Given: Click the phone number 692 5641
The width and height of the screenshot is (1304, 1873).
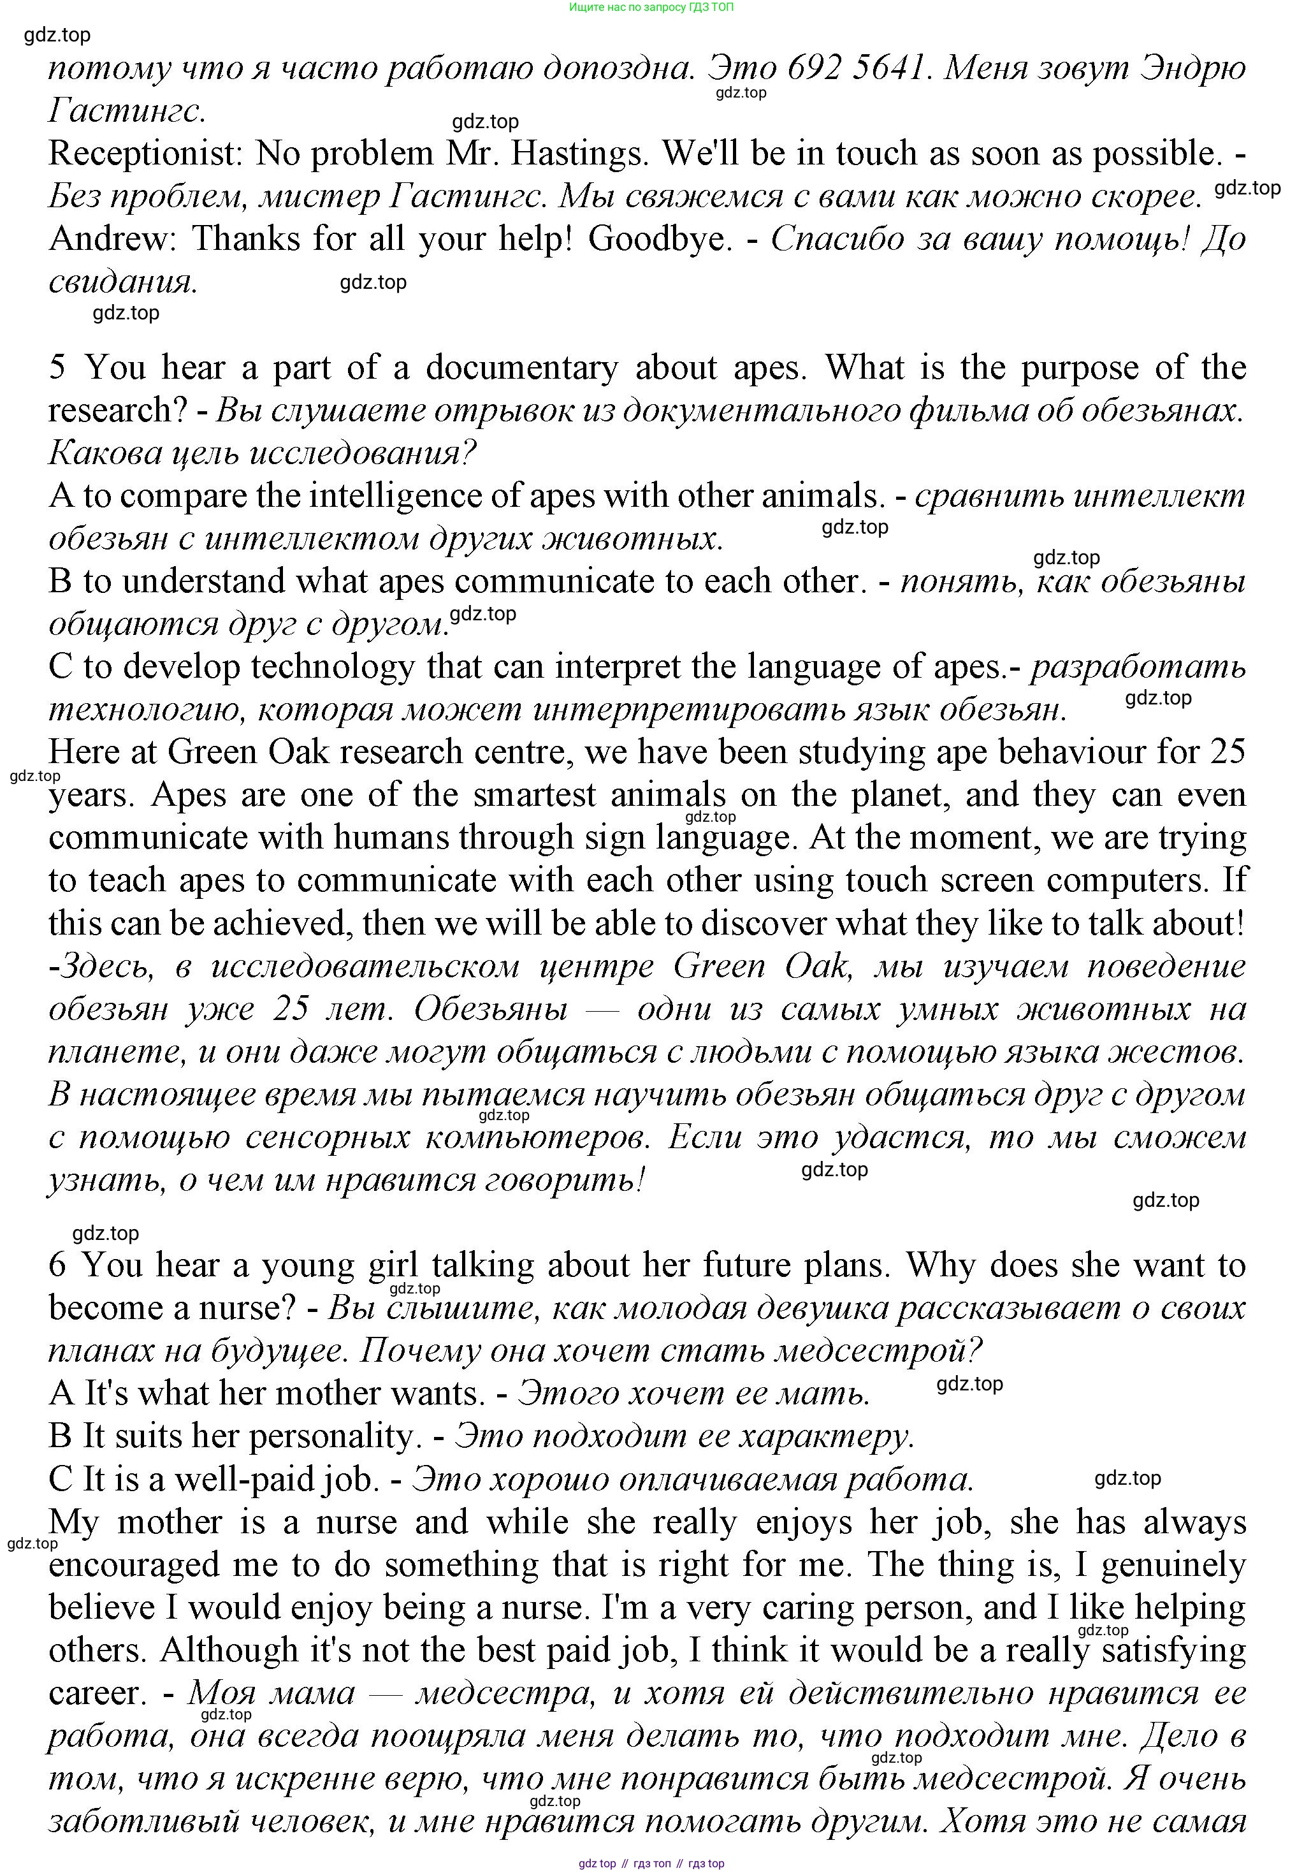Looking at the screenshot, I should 858,68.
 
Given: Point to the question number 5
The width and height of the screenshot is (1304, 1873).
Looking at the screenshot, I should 57,368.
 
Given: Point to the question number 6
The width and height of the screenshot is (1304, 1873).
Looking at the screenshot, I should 57,1265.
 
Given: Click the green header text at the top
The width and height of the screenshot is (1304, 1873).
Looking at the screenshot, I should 651,8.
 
